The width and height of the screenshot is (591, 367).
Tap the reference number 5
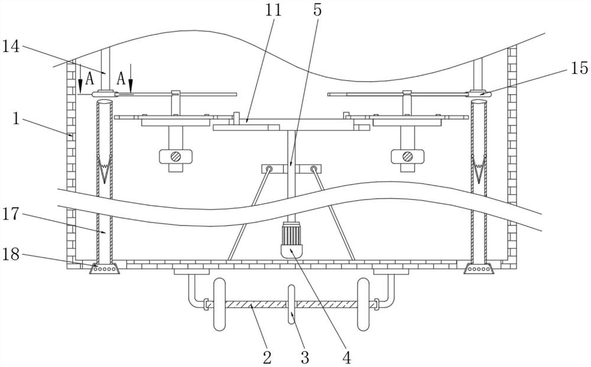tap(317, 10)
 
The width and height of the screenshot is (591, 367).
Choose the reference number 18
tap(12, 255)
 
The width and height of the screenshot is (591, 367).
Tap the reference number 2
tap(267, 356)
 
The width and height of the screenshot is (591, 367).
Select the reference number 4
tap(347, 356)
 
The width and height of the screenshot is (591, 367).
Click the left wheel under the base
tap(220, 304)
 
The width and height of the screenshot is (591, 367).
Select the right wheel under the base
tap(363, 304)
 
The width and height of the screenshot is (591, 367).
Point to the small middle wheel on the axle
tap(291, 304)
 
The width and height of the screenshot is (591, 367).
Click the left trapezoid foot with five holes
tap(104, 269)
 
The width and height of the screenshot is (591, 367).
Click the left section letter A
tap(89, 78)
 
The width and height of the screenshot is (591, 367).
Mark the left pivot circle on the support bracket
tap(269, 169)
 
